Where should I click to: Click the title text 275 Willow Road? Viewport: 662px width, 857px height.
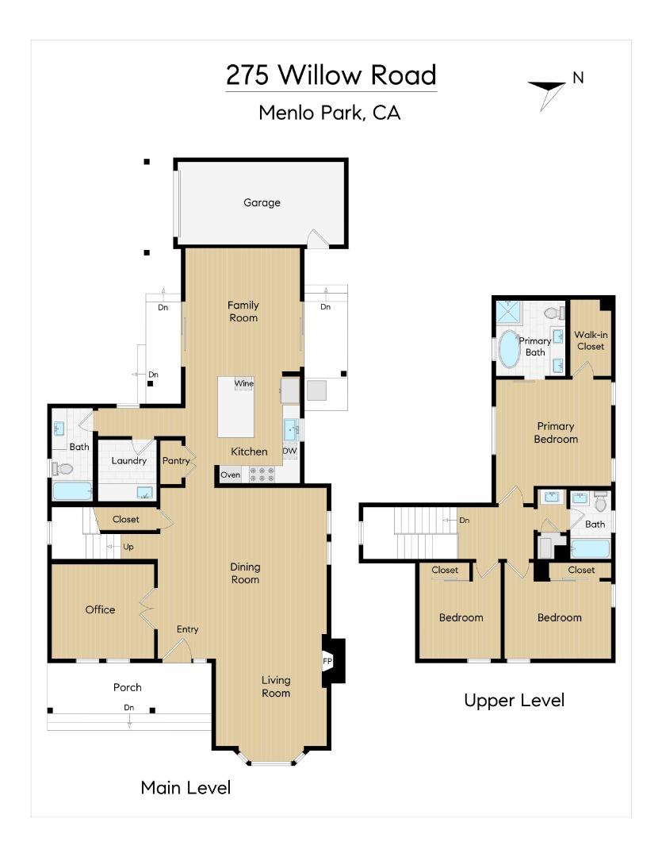pyautogui.click(x=331, y=75)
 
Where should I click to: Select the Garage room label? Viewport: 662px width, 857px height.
pyautogui.click(x=262, y=203)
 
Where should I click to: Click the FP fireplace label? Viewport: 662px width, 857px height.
pyautogui.click(x=327, y=660)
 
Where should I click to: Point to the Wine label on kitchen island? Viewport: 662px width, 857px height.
pyautogui.click(x=243, y=384)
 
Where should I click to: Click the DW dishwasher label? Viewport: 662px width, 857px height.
pyautogui.click(x=290, y=451)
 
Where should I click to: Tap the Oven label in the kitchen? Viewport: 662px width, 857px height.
pyautogui.click(x=230, y=475)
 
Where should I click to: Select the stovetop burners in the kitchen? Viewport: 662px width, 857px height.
pyautogui.click(x=262, y=475)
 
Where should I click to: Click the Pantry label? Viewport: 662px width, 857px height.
pyautogui.click(x=175, y=461)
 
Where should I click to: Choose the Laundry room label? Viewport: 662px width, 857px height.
pyautogui.click(x=128, y=461)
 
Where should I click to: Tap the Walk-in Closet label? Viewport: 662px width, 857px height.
pyautogui.click(x=590, y=340)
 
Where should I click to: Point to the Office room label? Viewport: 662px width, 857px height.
pyautogui.click(x=101, y=609)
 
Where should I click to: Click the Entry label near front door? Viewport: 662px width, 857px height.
pyautogui.click(x=188, y=629)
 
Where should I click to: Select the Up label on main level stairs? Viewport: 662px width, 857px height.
pyautogui.click(x=128, y=547)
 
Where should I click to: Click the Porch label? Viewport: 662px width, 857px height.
pyautogui.click(x=128, y=687)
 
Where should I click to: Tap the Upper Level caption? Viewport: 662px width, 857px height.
pyautogui.click(x=514, y=700)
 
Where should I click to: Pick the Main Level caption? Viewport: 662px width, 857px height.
pyautogui.click(x=186, y=787)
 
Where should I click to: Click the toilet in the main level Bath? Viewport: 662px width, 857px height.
pyautogui.click(x=63, y=469)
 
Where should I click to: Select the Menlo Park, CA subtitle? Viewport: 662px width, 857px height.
pyautogui.click(x=330, y=113)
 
